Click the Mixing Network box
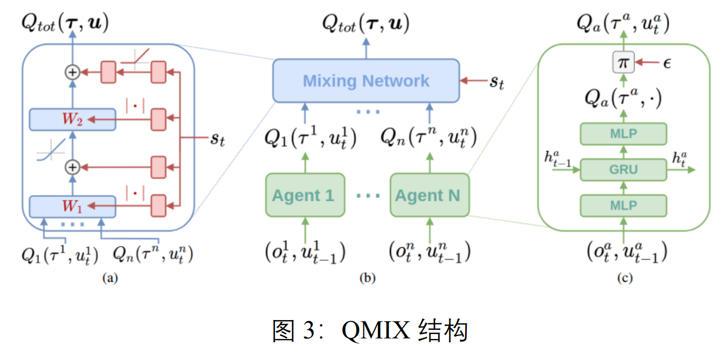[x=366, y=81]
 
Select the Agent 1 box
[x=305, y=195]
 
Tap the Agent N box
[x=430, y=195]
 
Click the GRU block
[x=623, y=169]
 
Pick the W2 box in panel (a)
[x=72, y=119]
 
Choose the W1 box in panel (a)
[x=72, y=206]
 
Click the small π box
[x=623, y=63]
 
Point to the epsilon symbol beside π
[x=667, y=63]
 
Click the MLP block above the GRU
[x=623, y=134]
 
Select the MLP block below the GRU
[x=623, y=205]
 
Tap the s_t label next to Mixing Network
[x=496, y=83]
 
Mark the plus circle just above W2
[x=72, y=72]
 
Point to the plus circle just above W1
[x=72, y=167]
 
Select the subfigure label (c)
[x=624, y=279]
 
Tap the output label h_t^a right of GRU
[x=678, y=159]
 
